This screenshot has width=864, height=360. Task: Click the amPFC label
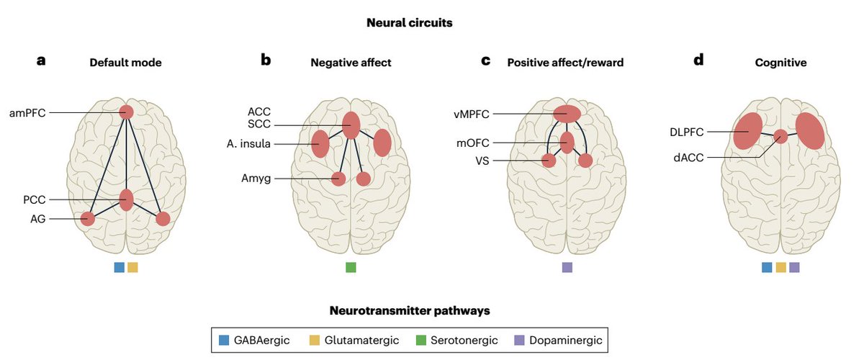point(27,112)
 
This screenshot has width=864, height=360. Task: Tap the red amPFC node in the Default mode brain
point(127,112)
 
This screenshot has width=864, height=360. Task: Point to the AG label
point(37,218)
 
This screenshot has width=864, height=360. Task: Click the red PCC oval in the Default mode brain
point(127,199)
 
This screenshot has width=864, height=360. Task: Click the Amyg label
point(257,178)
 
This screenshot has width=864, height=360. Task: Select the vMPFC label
point(472,113)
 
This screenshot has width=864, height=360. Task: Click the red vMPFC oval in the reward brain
point(567,114)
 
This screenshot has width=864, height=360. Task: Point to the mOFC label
point(474,143)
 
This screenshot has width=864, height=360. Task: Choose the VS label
point(481,161)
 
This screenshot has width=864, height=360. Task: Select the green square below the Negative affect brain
point(351,268)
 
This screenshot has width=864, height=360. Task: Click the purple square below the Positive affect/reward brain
point(567,268)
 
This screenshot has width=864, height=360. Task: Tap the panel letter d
point(698,60)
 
